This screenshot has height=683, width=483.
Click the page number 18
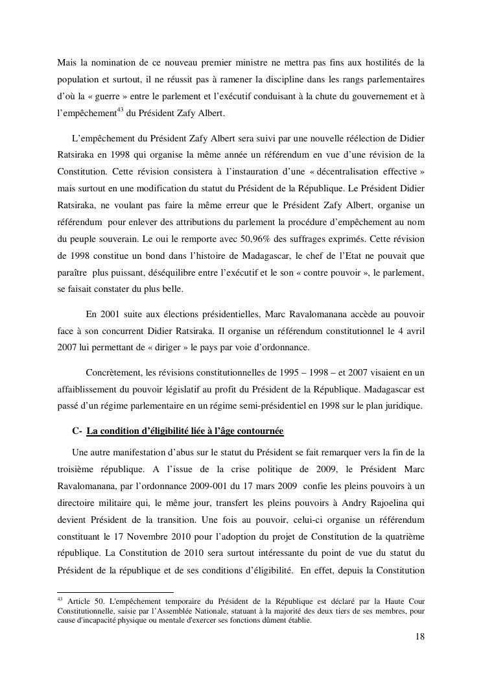coord(420,636)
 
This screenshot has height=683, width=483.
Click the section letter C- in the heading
coord(77,431)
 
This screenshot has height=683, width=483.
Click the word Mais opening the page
coord(67,62)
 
